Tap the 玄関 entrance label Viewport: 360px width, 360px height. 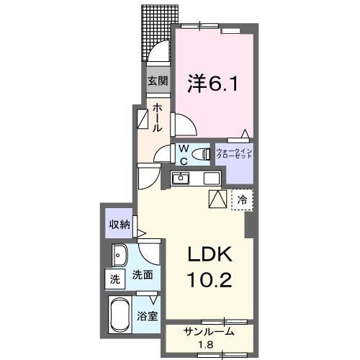click(x=158, y=81)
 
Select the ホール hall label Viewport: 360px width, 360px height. click(x=158, y=116)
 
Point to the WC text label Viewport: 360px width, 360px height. click(x=184, y=153)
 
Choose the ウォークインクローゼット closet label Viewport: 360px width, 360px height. click(x=235, y=154)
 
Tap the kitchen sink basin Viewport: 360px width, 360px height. click(x=181, y=178)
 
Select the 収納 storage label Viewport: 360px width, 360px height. click(x=119, y=224)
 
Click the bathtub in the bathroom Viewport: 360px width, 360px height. click(x=120, y=315)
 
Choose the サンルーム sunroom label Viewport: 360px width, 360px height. click(x=209, y=333)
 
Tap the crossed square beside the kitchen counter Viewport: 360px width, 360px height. click(x=217, y=199)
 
